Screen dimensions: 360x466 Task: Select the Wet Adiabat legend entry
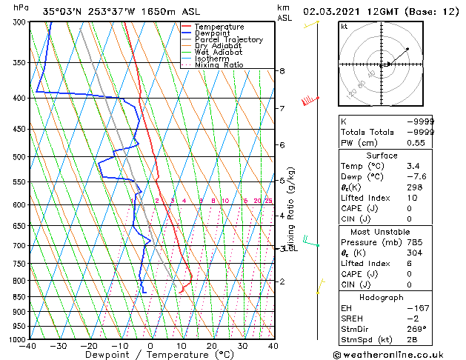point(217,52)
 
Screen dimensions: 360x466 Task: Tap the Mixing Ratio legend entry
point(219,65)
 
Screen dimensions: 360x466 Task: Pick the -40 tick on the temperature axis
point(29,346)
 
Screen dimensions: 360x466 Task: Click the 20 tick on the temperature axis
point(212,346)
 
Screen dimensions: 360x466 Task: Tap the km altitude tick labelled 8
point(282,71)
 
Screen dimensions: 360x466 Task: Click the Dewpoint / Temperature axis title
point(150,355)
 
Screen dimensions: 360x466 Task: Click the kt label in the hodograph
point(344,26)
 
